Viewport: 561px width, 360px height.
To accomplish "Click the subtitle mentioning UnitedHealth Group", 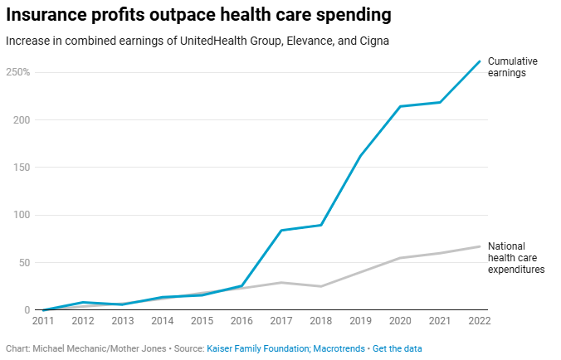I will coord(198,40).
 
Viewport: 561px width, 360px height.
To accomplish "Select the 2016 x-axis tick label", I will coord(241,321).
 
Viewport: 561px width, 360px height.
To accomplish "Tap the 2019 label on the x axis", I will coord(360,321).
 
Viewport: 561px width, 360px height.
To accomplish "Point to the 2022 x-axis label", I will coord(479,321).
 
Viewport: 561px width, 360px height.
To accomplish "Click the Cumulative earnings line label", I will coord(513,67).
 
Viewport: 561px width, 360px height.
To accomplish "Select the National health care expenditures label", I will coord(515,258).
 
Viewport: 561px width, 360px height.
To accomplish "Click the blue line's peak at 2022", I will coord(480,61).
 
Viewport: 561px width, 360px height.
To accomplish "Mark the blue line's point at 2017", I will coord(280,231).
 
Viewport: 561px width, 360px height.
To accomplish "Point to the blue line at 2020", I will coord(400,106).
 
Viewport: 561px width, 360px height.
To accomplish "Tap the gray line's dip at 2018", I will coord(320,286).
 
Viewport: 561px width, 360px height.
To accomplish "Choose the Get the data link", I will coord(396,348).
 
